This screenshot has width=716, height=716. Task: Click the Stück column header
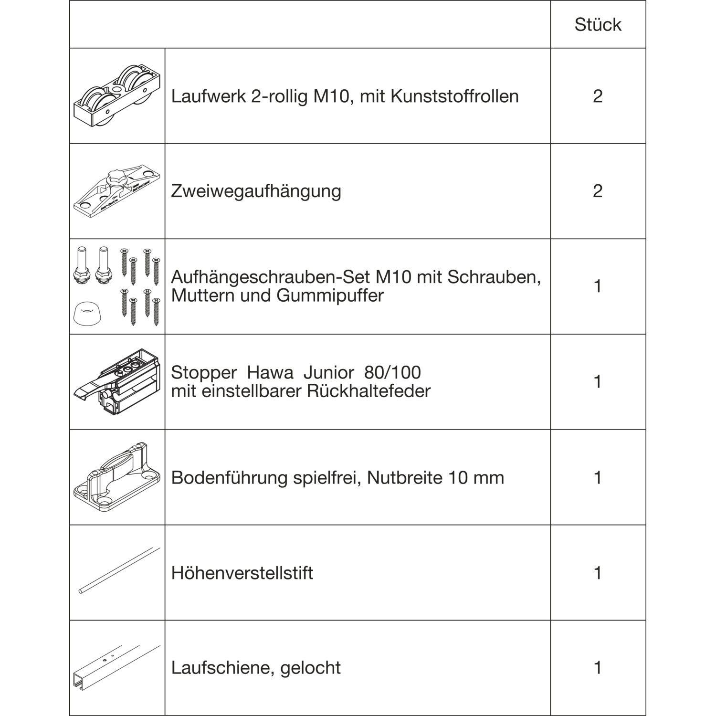[x=598, y=25]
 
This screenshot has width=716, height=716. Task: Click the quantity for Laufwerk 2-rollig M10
[x=598, y=96]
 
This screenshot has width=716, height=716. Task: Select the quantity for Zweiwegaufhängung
[x=598, y=191]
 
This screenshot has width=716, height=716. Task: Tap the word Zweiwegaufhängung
[x=256, y=191]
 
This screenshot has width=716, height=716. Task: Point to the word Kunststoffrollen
[x=454, y=96]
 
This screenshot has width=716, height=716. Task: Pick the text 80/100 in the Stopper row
[x=392, y=372]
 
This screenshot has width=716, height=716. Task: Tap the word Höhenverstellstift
[x=242, y=573]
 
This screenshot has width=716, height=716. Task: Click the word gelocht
[x=310, y=668]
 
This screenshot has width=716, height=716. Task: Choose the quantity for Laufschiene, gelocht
[x=598, y=668]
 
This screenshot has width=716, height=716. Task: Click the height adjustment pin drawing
[x=118, y=570]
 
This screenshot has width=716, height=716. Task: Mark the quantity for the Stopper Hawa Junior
[x=598, y=382]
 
